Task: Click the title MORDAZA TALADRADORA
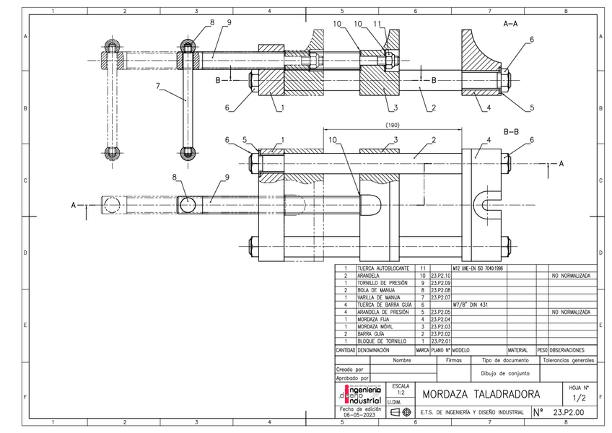tap(481, 395)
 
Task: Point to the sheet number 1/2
tap(579, 398)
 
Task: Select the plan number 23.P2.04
tap(440, 319)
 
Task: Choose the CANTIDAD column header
tap(344, 349)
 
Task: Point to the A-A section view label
tap(510, 24)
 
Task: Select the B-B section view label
tap(511, 131)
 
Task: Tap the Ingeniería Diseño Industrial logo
tap(360, 395)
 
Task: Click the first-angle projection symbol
tap(401, 413)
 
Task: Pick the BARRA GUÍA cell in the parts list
tap(374, 333)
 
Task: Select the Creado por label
tap(349, 369)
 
